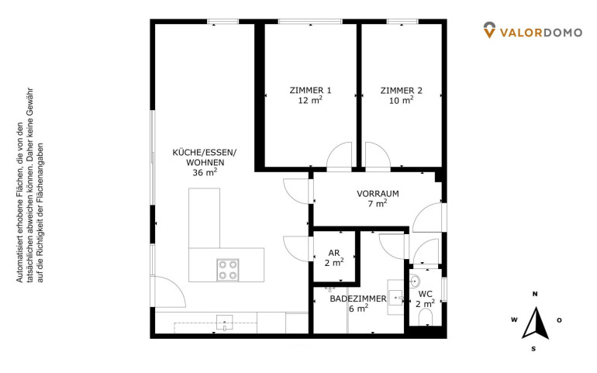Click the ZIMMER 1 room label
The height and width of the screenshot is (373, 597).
(x=310, y=91)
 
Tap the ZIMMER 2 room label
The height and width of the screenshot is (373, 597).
(x=402, y=91)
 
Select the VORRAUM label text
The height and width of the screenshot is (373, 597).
(x=378, y=194)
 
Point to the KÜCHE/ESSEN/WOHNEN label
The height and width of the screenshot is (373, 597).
(x=205, y=157)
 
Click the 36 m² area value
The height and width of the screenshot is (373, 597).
(x=205, y=172)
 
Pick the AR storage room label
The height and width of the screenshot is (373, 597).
(x=334, y=253)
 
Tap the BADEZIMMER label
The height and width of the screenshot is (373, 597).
(x=358, y=299)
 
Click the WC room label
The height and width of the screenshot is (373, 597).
(x=426, y=294)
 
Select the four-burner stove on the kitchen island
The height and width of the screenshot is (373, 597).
(x=228, y=270)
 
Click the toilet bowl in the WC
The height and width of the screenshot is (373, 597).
(x=426, y=317)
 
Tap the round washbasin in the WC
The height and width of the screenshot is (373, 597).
(x=414, y=281)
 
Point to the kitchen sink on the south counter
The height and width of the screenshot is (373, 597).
(x=224, y=323)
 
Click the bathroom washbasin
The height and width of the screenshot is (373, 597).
(x=395, y=298)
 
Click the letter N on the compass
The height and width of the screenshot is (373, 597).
(x=535, y=294)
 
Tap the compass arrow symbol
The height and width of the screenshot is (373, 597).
(x=536, y=323)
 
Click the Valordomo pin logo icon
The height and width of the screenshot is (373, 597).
(x=489, y=30)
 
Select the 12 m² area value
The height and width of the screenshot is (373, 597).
(x=310, y=101)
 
